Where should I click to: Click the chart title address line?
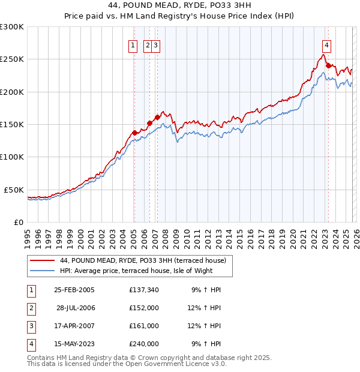point(179,7)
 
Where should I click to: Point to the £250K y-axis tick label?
point(11,59)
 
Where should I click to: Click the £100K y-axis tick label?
point(11,157)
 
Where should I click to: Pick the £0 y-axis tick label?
point(19,222)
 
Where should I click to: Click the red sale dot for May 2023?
point(328,66)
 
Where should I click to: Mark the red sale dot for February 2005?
point(134,133)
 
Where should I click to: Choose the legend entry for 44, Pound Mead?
point(142,260)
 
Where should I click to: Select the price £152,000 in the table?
point(143,308)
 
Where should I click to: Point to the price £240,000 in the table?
point(143,344)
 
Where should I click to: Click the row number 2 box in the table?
point(31,308)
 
